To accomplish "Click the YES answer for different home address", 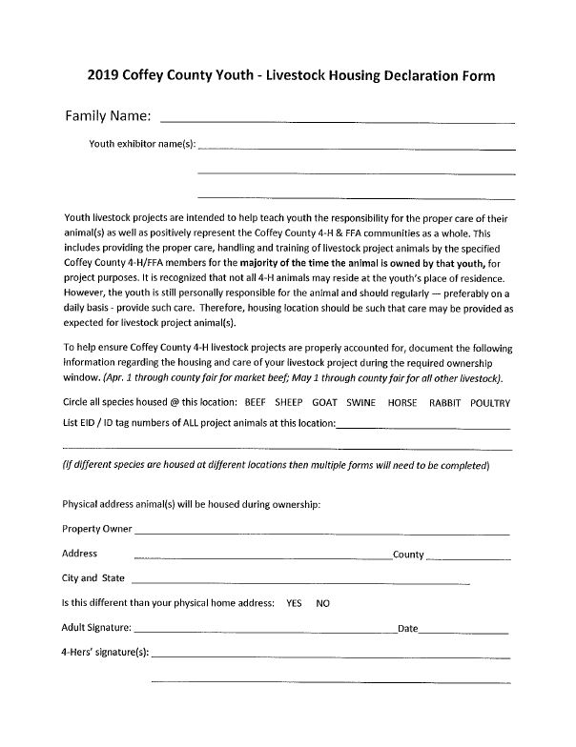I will (294, 603).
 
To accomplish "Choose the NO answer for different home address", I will (323, 603).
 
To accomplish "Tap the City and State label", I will (93, 578).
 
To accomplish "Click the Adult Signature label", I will (97, 629).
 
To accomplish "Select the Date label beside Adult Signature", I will (407, 629).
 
